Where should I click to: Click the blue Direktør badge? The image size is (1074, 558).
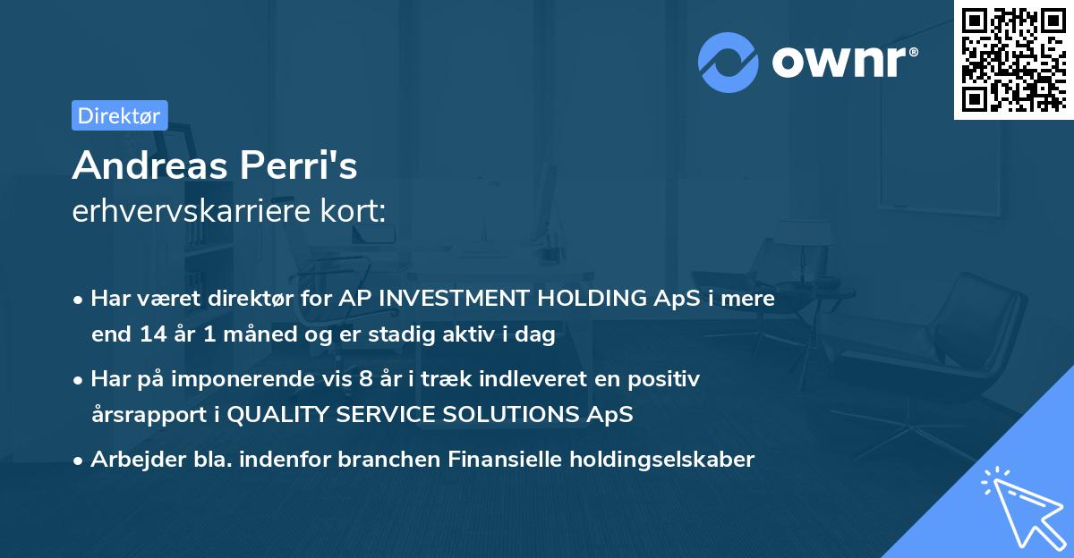tap(120, 115)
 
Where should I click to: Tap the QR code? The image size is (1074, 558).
tap(1014, 60)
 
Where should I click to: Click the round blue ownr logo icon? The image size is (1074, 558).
tap(728, 63)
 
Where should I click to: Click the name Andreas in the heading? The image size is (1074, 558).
tap(150, 165)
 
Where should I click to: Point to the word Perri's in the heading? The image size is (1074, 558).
tap(299, 165)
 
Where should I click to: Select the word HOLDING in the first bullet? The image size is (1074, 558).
tap(592, 299)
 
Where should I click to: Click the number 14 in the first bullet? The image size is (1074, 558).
tap(153, 334)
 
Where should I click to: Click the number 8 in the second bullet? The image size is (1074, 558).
tap(366, 379)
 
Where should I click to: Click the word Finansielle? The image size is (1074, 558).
tap(505, 460)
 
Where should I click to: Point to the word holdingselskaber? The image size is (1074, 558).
tap(662, 460)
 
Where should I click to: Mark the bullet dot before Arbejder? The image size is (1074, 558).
tap(77, 461)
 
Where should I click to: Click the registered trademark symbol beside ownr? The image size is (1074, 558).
tap(913, 52)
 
